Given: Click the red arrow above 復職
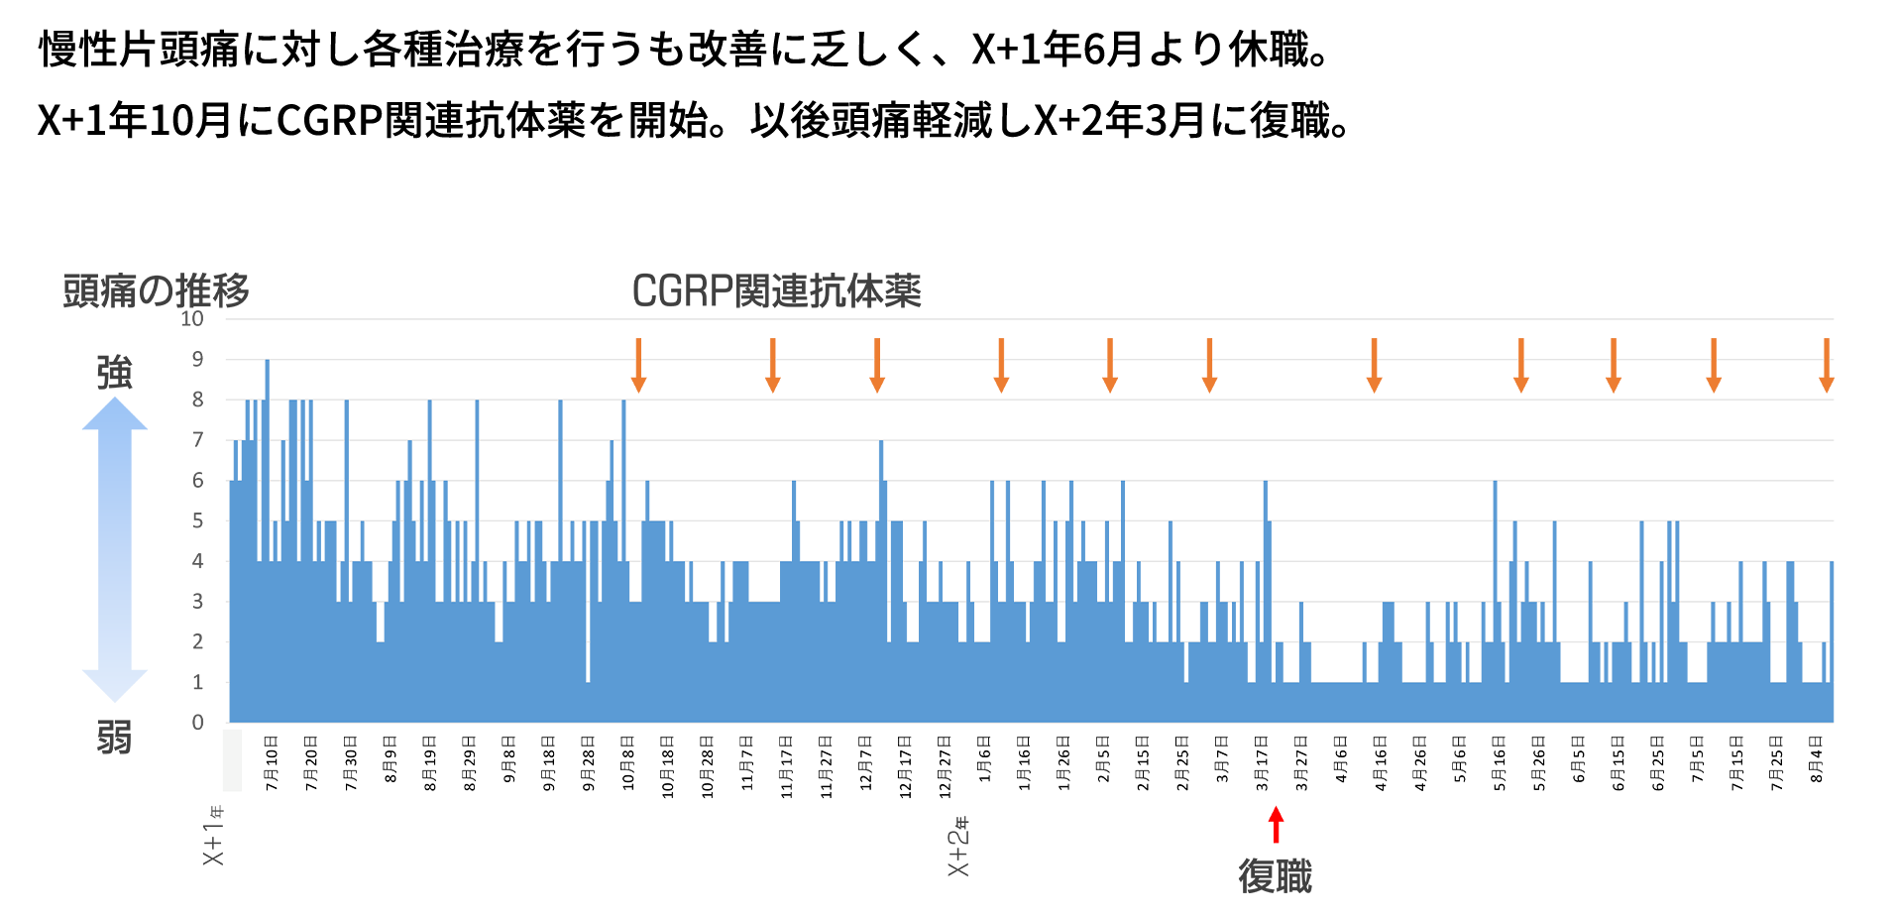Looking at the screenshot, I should [x=1277, y=825].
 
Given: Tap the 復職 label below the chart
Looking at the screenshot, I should [x=1275, y=876].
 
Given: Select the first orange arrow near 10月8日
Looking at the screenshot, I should [x=638, y=365].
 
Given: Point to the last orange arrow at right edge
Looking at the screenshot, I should [x=1826, y=365].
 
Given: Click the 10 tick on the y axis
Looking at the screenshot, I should [x=192, y=319].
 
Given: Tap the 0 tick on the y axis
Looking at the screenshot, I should [x=198, y=723].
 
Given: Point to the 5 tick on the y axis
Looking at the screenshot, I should [x=198, y=520].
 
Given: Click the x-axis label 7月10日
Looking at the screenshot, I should [x=272, y=762].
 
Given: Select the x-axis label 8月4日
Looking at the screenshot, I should [x=1817, y=759].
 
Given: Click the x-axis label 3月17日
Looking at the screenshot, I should [x=1262, y=762].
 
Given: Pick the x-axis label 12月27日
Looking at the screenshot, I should [x=945, y=766].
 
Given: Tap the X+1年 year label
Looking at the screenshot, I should [x=213, y=836].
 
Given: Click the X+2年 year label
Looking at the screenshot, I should [x=958, y=847].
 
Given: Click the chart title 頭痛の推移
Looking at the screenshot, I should [x=156, y=291].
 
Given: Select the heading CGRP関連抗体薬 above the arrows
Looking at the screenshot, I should [x=776, y=291].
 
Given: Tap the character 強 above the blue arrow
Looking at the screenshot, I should [x=114, y=373].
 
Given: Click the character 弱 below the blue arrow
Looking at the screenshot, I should [x=114, y=738].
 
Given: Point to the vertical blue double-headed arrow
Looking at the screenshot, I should [x=115, y=550].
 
